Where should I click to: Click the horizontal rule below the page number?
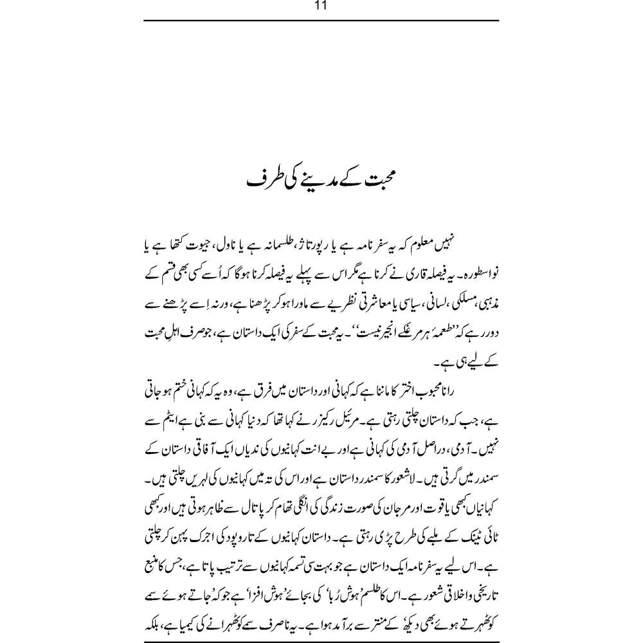321,21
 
